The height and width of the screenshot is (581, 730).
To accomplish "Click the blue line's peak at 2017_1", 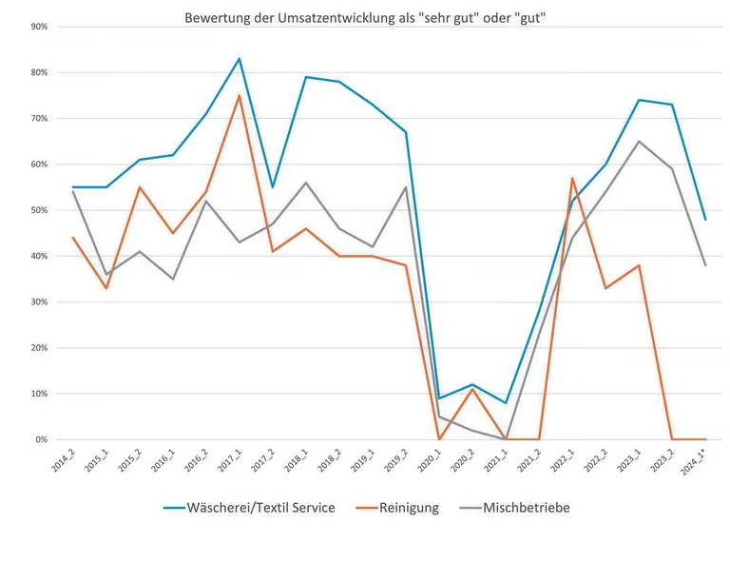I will (239, 59).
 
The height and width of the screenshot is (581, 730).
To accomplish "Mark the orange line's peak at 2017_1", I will (239, 95).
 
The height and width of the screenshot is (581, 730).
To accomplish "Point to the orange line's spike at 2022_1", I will (572, 178).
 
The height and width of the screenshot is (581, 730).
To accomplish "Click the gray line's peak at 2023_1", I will (639, 141).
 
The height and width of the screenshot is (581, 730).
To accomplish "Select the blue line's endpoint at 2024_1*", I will (704, 220).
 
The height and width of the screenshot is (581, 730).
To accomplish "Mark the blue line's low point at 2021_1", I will (506, 403).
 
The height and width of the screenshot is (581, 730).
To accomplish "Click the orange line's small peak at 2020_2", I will (472, 389).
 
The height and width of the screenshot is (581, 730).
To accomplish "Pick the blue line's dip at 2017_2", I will (272, 187).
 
